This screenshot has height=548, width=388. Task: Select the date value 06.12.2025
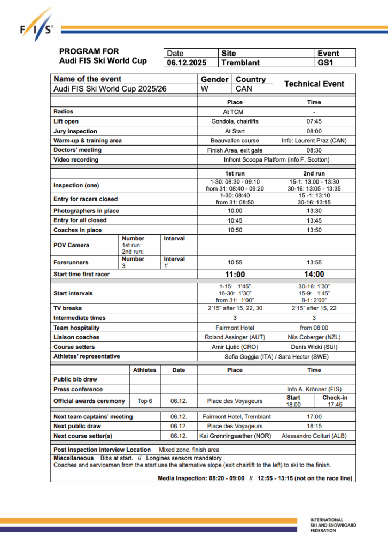click(187, 63)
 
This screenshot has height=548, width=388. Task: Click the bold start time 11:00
click(235, 275)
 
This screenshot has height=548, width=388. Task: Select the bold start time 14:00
click(314, 275)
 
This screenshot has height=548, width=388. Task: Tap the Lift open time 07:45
click(314, 121)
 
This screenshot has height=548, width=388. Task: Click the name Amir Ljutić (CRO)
click(235, 347)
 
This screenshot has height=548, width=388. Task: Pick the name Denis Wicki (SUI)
click(314, 347)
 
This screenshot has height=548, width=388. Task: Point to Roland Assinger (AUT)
click(235, 337)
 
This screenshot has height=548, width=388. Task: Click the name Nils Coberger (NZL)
click(314, 337)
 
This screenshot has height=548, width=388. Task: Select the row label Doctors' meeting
click(77, 150)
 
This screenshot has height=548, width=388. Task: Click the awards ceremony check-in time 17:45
click(335, 405)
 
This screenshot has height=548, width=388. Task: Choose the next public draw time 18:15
click(314, 426)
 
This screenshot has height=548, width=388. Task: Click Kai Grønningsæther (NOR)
click(235, 436)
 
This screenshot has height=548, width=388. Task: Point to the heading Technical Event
click(314, 84)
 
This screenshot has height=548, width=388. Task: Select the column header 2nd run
click(314, 173)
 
